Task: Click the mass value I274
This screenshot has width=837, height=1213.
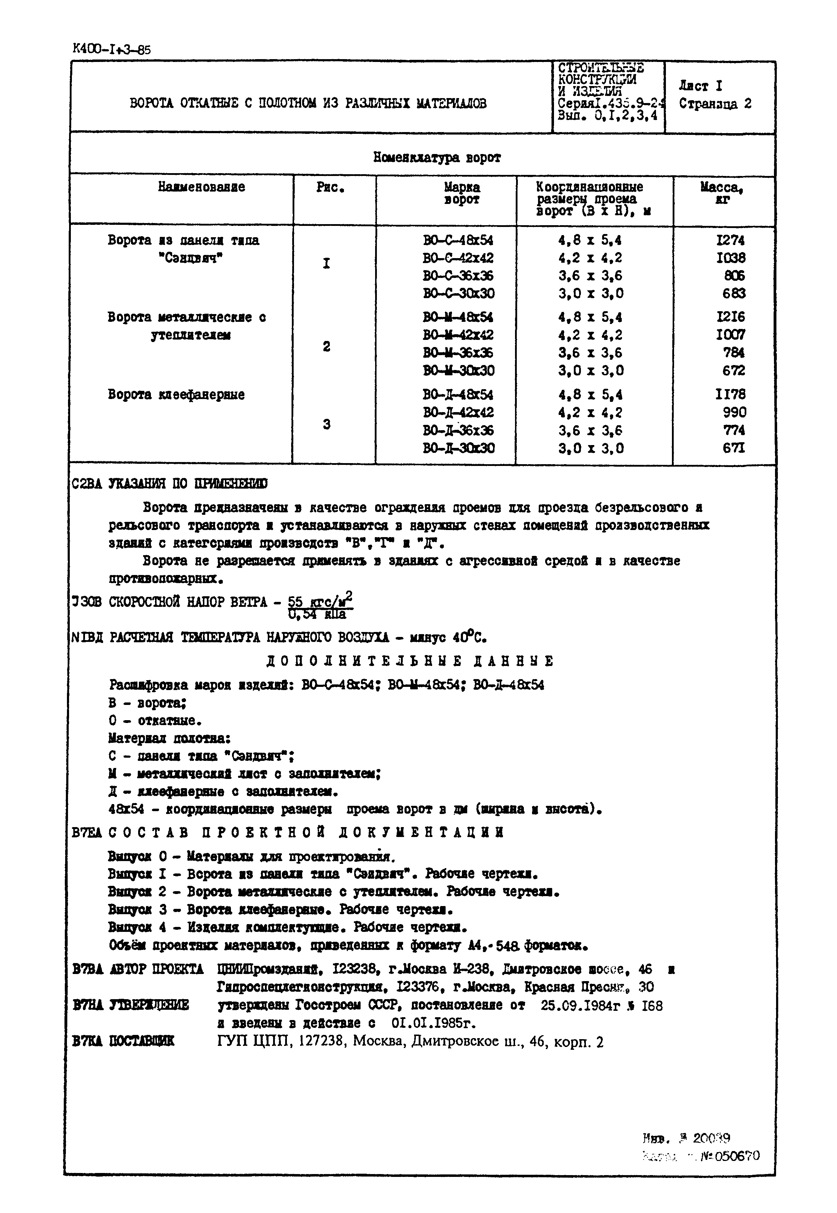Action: tap(730, 240)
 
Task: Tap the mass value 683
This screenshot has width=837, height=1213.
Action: tap(734, 294)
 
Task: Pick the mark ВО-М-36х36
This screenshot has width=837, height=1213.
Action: tap(458, 353)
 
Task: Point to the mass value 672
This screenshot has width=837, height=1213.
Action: tap(734, 371)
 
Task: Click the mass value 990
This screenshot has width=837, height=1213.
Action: tap(734, 412)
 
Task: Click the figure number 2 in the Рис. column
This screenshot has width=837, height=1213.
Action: tap(327, 347)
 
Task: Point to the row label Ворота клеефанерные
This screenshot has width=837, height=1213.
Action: tap(176, 394)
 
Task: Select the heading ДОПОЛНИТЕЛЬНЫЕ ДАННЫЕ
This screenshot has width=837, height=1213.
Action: tap(410, 661)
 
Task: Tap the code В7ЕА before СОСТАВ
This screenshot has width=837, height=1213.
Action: tap(86, 832)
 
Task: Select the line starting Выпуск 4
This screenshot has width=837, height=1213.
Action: tap(287, 927)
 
